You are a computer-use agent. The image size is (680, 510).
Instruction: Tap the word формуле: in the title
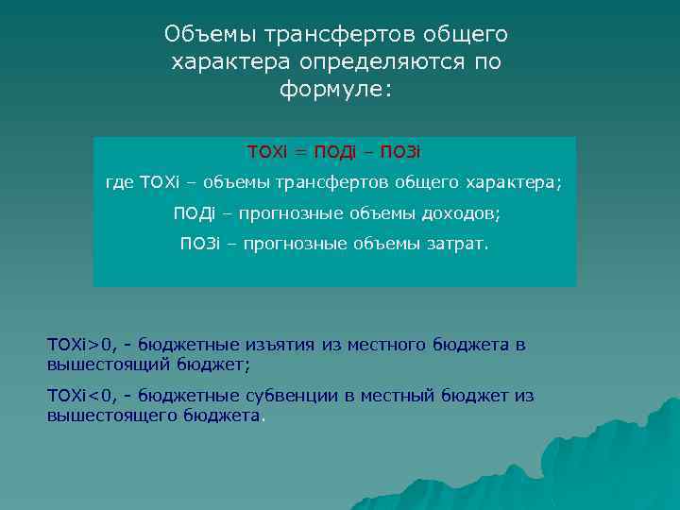(335, 91)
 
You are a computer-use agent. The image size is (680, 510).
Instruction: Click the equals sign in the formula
(300, 152)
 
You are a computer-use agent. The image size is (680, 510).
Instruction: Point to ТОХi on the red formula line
(267, 152)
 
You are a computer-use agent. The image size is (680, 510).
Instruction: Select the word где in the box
(119, 182)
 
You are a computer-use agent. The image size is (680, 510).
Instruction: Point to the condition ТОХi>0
(79, 345)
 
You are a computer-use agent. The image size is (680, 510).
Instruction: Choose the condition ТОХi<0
(79, 396)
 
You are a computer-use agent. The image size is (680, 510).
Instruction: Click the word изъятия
(280, 345)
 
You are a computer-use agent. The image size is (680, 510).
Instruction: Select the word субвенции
(294, 396)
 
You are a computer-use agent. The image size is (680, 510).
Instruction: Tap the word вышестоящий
(105, 363)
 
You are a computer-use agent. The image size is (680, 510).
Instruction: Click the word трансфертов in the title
(346, 35)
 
